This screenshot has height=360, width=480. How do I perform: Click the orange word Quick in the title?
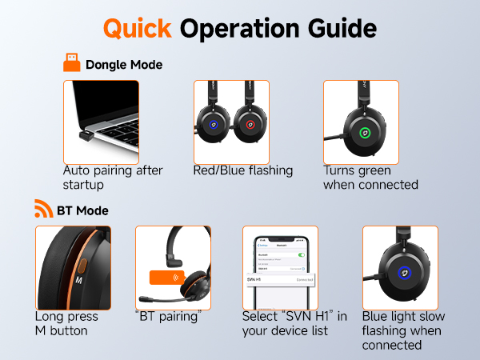pyautogui.click(x=137, y=29)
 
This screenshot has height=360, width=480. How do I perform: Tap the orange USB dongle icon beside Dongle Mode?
pyautogui.click(x=71, y=63)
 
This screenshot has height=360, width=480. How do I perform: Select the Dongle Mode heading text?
pyautogui.click(x=124, y=64)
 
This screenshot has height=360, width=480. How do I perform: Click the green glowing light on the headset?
pyautogui.click(x=364, y=132)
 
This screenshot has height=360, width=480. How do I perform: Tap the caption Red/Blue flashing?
pyautogui.click(x=243, y=170)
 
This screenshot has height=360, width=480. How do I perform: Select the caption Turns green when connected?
pyautogui.click(x=370, y=178)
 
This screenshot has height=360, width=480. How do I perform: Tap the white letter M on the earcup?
pyautogui.click(x=78, y=282)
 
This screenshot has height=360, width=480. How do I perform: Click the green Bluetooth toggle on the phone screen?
pyautogui.click(x=302, y=254)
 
